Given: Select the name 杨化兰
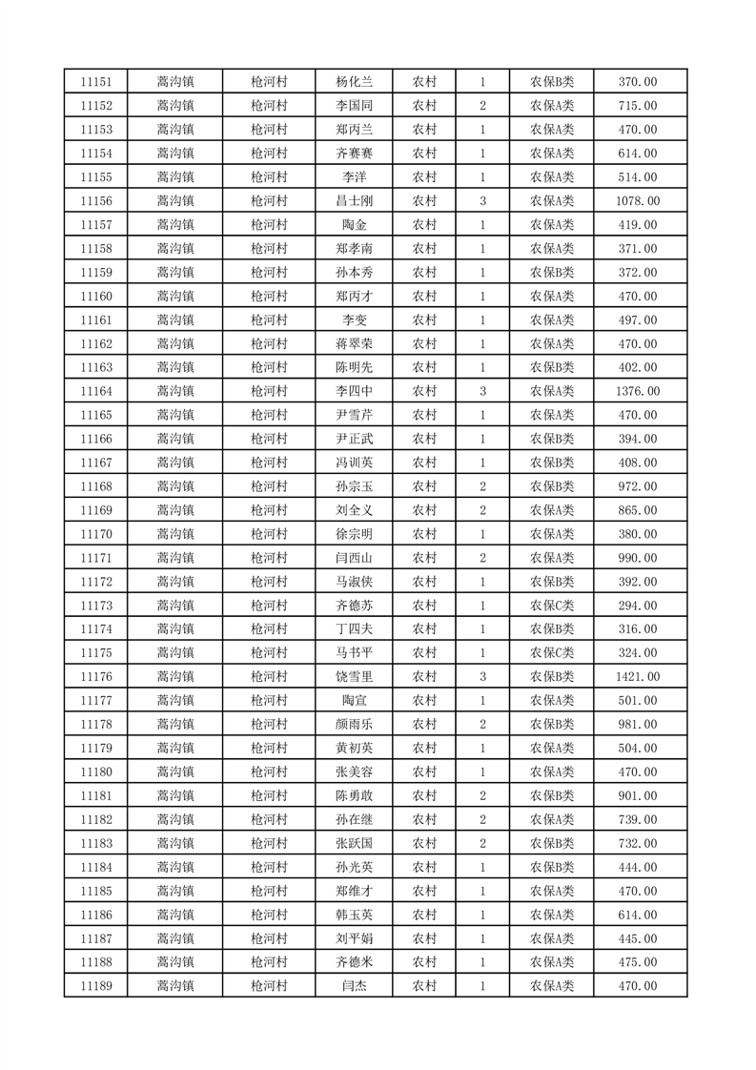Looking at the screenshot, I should point(354,82).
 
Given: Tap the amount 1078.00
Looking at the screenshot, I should point(638,201).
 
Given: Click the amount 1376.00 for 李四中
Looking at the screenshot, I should point(638,391).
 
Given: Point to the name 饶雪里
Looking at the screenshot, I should point(354,677).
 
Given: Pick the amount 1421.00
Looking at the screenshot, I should point(638,677).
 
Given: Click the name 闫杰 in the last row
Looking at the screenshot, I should point(354,986).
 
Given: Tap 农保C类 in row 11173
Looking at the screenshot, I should point(552,606).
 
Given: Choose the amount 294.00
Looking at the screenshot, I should point(638,606).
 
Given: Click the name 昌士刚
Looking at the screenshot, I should point(354,201).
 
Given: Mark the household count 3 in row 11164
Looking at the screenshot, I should point(483,391).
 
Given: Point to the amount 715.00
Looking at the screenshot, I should point(638,106).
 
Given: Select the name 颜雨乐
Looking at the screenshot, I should point(354,725).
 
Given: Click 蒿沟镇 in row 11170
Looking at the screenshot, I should point(175,534).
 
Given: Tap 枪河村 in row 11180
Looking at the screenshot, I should point(268,772).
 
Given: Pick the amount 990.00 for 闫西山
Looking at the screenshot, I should point(638,558).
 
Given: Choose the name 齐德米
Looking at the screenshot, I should point(354,962).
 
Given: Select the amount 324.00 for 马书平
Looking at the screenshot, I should point(638,653).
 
